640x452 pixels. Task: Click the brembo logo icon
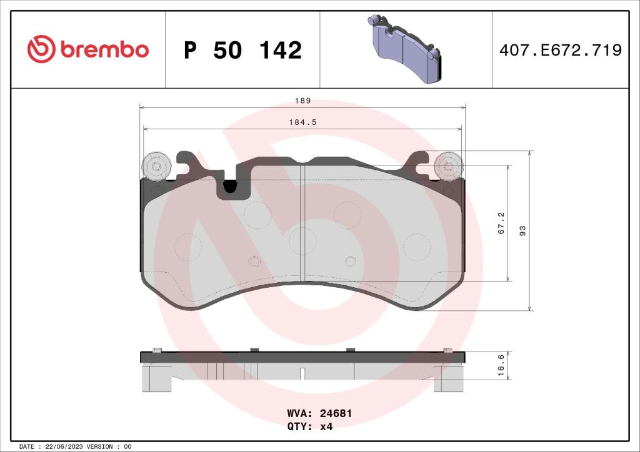[x=42, y=49]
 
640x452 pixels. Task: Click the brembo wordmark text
[x=105, y=50]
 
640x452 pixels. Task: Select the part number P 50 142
[x=242, y=50]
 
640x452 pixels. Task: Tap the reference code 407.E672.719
[x=560, y=50]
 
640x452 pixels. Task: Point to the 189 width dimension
[x=302, y=101]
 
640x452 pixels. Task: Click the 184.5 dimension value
[x=302, y=122]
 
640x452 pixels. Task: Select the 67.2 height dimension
[x=501, y=223]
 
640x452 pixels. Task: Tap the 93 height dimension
[x=522, y=230]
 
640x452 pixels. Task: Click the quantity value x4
[x=326, y=427]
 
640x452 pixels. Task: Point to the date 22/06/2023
[x=64, y=447]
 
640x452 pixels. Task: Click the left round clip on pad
[x=157, y=166]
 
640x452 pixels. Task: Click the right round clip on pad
[x=448, y=166]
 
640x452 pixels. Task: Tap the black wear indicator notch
[x=230, y=186]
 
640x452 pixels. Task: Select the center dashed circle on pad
[x=302, y=240]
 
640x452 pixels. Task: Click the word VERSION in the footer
[x=100, y=447]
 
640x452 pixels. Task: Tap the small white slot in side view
[x=302, y=374]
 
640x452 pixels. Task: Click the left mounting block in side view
[x=156, y=378]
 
